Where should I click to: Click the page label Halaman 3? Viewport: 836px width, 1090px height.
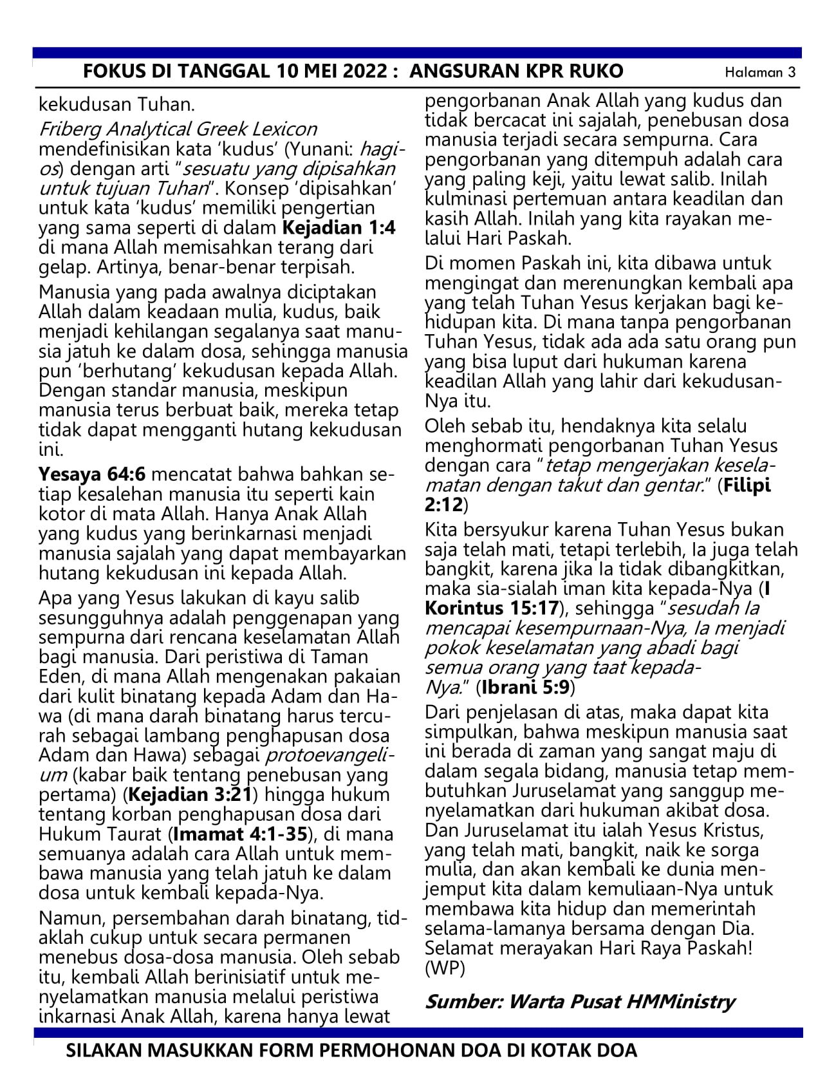click(x=760, y=72)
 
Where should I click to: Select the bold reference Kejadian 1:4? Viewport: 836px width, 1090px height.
click(x=339, y=228)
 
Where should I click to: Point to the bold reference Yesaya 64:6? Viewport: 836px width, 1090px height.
click(x=93, y=475)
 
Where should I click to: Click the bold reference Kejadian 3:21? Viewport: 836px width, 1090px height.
click(x=191, y=794)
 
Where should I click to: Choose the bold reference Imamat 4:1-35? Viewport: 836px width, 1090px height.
click(x=239, y=834)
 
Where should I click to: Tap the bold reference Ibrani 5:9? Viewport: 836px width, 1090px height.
click(x=526, y=687)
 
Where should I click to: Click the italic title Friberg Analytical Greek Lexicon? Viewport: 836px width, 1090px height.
click(x=178, y=129)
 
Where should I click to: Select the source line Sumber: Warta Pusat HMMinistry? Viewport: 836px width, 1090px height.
click(x=579, y=1001)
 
